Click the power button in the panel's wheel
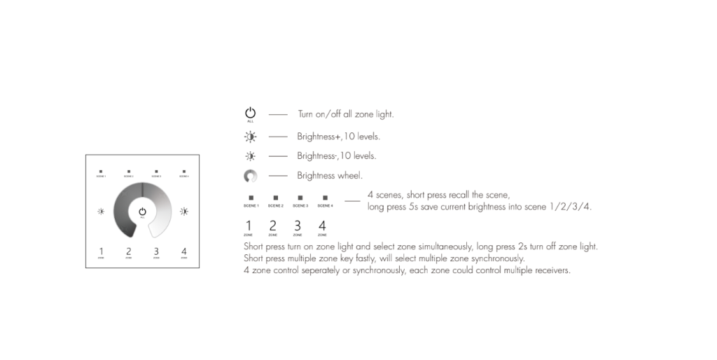(142, 211)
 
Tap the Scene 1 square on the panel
(101, 171)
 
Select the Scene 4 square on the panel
(184, 171)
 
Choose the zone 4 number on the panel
(184, 251)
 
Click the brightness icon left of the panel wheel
(101, 211)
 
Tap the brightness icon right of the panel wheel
(184, 211)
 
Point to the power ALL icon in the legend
(250, 113)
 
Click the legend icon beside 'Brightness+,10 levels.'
(250, 136)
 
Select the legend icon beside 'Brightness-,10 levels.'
(250, 155)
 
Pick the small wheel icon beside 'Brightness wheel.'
(250, 176)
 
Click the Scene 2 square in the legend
(276, 198)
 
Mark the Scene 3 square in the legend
(300, 198)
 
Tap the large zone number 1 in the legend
(248, 226)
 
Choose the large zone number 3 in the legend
(297, 226)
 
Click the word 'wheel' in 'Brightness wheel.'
(351, 176)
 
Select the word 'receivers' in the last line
(551, 270)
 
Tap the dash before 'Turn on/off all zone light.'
(278, 114)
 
